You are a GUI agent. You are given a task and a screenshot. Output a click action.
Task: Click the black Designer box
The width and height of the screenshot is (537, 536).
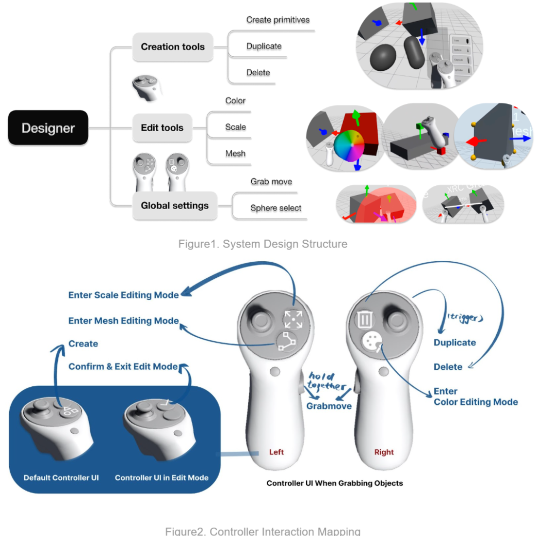(48, 128)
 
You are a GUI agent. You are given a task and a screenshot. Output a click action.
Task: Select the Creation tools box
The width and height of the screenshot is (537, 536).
(172, 47)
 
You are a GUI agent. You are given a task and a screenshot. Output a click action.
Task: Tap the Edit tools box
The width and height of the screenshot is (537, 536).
(162, 128)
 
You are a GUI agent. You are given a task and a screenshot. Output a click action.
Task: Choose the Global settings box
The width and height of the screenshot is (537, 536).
(174, 206)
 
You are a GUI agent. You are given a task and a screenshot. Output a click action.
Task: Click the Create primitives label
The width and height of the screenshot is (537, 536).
(278, 20)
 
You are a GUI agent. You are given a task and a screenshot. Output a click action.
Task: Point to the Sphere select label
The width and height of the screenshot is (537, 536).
(276, 208)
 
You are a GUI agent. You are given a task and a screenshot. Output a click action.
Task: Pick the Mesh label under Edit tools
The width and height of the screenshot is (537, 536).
(235, 153)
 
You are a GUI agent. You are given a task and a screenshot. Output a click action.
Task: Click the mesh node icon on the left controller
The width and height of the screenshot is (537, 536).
(285, 341)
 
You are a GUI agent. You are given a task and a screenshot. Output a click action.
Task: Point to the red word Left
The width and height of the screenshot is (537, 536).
(276, 452)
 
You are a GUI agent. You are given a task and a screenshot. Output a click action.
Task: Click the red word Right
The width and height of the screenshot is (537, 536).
(384, 452)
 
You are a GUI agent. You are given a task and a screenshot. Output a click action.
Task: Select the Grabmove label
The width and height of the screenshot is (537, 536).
(329, 406)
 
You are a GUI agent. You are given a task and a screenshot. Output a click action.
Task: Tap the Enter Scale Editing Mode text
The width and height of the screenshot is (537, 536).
(123, 295)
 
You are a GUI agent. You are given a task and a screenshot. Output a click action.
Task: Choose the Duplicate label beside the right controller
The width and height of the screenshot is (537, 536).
(454, 343)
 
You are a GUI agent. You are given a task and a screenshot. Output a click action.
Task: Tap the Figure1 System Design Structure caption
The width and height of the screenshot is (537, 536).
(263, 244)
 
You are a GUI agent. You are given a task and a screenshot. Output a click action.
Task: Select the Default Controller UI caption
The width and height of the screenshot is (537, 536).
(61, 478)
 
